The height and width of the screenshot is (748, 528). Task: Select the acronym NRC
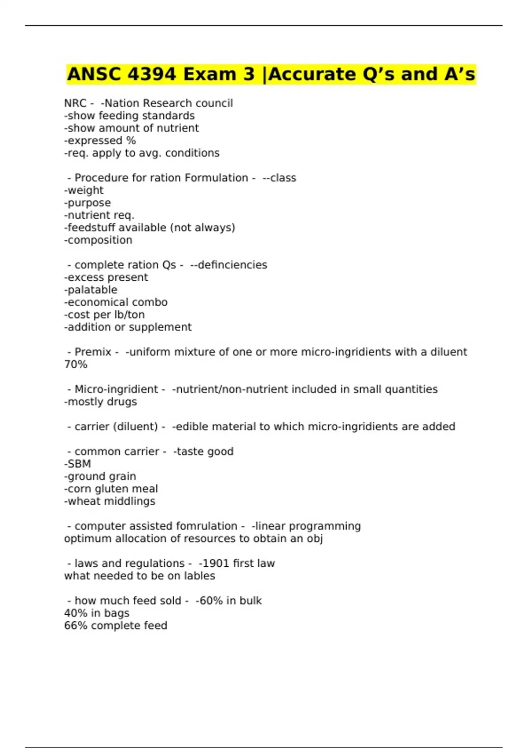click(x=75, y=103)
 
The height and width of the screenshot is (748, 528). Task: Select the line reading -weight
click(x=84, y=190)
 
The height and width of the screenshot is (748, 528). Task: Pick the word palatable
click(x=92, y=290)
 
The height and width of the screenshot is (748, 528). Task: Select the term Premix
click(x=93, y=352)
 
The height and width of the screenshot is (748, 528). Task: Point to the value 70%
click(x=76, y=364)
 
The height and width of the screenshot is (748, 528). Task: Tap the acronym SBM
click(x=79, y=464)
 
